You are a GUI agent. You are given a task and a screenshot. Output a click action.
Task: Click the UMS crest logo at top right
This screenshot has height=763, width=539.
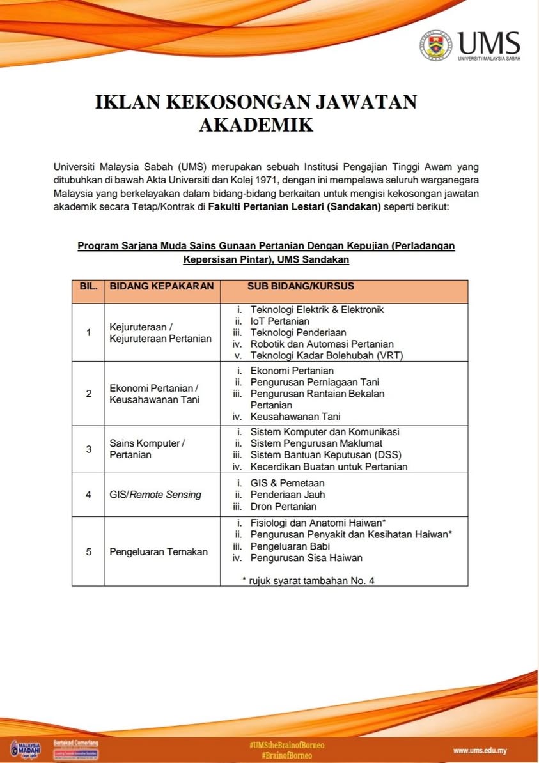(x=435, y=46)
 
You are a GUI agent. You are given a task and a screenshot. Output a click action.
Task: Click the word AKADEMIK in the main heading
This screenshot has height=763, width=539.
(x=256, y=124)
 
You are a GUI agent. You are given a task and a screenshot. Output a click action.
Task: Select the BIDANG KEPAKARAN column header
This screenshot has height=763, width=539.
(x=162, y=286)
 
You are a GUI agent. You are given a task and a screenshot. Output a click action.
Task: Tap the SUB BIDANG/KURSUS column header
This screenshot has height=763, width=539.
(x=301, y=286)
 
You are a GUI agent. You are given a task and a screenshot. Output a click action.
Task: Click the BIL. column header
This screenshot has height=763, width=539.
(x=88, y=286)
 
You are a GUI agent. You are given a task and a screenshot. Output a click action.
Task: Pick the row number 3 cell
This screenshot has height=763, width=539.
(x=88, y=449)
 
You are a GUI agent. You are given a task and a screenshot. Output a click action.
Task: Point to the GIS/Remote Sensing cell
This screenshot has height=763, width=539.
(x=155, y=494)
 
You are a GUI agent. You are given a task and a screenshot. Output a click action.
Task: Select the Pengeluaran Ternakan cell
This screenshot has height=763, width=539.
(x=159, y=551)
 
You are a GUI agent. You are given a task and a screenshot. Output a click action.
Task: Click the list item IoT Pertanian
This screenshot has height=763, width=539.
(x=279, y=321)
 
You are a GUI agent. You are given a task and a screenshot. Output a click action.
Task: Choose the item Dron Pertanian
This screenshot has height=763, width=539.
(x=283, y=506)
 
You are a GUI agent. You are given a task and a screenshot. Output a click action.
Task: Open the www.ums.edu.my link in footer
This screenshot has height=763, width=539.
(x=480, y=750)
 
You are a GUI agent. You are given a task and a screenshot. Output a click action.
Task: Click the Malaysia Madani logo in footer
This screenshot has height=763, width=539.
(x=26, y=750)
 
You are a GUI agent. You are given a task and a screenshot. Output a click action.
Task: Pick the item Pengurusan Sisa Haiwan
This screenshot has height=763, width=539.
(x=306, y=557)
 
